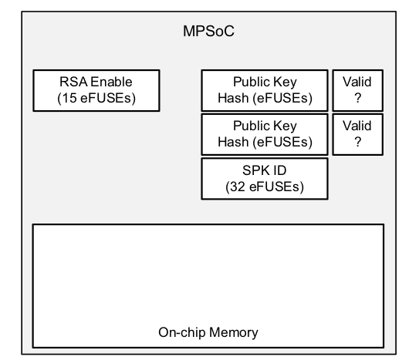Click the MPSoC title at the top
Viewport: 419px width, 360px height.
pos(208,32)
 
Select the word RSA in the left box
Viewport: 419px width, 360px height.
pos(73,82)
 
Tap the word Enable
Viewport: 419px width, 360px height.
pos(111,82)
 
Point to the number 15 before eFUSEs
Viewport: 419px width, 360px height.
pos(69,98)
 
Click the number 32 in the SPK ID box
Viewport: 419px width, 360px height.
pos(238,187)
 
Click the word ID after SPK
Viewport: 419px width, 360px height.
pos(279,170)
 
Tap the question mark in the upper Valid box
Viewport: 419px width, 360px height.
pos(358,98)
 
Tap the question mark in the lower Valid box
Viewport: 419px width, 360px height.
pos(358,142)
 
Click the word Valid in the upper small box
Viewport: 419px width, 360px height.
pos(357,82)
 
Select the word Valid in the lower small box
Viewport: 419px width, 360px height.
pos(357,126)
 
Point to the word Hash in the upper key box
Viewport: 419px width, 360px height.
pos(233,98)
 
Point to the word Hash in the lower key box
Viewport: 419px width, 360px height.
pos(233,142)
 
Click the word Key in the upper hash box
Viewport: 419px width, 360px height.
pos(285,82)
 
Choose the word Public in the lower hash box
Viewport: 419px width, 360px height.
pos(252,126)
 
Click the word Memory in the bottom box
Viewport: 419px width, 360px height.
pos(234,332)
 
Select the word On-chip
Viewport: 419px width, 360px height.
pos(182,333)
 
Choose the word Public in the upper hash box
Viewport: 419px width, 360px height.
pos(252,82)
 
